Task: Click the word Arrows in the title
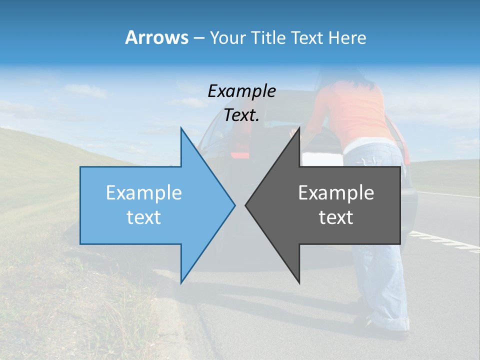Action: [x=156, y=37]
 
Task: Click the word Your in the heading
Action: [x=228, y=37]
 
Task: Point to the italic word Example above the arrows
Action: [x=241, y=91]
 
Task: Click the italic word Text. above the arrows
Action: [x=241, y=115]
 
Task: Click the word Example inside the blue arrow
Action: [x=144, y=193]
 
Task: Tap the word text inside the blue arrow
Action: [x=144, y=217]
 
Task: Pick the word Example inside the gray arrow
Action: [x=336, y=193]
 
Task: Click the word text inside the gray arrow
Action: [x=336, y=217]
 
